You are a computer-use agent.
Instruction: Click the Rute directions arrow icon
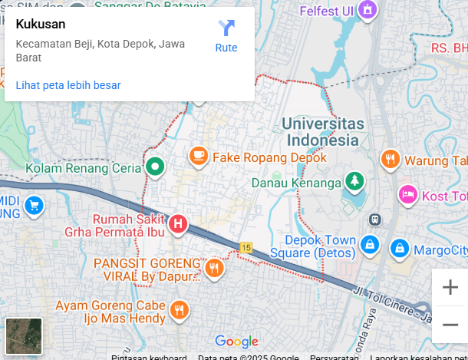pos(226,28)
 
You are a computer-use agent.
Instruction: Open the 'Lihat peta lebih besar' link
pos(68,85)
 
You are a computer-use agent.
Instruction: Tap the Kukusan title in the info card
pos(40,23)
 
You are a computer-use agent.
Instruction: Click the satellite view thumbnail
pos(24,336)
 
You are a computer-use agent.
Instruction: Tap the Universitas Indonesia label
pos(322,132)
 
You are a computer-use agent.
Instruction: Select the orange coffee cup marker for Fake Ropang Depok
pos(198,157)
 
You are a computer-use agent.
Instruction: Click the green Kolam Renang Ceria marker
pos(155,167)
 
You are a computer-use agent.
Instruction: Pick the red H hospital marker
pos(178,224)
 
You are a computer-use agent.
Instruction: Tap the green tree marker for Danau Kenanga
pos(354,182)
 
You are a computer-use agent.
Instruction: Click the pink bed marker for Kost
pos(407,195)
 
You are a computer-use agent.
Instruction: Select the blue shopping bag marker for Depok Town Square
pos(371,246)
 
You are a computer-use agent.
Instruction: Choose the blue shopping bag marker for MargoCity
pos(399,248)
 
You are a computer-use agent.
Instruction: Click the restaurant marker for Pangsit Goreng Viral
pos(214,267)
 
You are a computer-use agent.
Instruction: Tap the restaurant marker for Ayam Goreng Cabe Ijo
pos(180,309)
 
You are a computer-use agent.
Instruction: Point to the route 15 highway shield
pos(246,247)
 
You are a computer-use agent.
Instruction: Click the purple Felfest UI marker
pos(368,10)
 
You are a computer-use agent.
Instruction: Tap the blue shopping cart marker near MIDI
pos(33,206)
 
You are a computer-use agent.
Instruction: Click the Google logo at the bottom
pos(236,342)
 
